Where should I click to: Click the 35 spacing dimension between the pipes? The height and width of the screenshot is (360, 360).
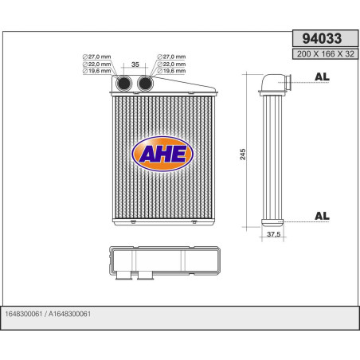pos(135,65)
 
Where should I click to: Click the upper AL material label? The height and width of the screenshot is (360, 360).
pos(323,77)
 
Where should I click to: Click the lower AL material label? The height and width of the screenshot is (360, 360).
pos(323,215)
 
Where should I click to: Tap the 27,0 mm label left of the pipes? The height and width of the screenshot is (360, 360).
pos(98,57)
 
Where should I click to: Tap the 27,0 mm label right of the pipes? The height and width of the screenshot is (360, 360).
pos(172,57)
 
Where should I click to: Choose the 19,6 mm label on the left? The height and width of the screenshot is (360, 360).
pos(98,72)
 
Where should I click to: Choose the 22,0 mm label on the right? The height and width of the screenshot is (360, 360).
pos(172,65)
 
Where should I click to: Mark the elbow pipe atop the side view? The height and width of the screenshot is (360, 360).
pos(272,81)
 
